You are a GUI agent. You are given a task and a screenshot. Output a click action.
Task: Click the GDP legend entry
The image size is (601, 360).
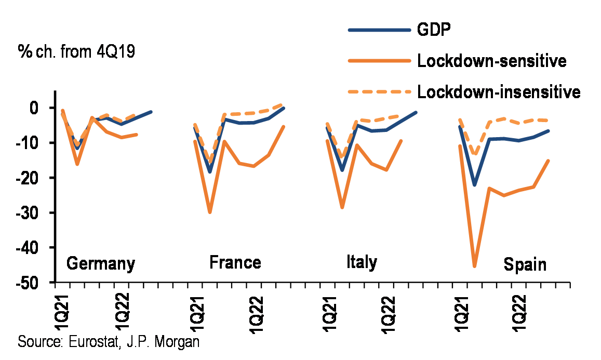433,29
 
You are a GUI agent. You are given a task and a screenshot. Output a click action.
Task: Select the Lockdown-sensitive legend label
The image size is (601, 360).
491,61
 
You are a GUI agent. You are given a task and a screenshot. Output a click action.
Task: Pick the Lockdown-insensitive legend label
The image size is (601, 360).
498,92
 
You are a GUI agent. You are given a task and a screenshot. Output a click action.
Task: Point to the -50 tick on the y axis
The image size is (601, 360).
34,283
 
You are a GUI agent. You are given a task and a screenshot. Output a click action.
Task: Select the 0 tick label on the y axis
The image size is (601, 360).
42,108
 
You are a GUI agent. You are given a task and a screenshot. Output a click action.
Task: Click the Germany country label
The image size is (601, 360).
101,263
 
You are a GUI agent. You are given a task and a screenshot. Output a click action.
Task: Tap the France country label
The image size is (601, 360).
235,262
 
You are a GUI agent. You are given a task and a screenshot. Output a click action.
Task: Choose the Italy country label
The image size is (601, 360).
361,262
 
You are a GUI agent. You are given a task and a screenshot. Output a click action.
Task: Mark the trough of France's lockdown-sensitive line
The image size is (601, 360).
210,212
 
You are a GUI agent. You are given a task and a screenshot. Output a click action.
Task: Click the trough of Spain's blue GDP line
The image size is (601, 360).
474,184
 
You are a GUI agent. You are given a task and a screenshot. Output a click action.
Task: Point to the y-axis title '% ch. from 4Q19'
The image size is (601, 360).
76,52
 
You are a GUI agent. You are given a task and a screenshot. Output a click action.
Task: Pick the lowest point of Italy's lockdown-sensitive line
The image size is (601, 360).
342,207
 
